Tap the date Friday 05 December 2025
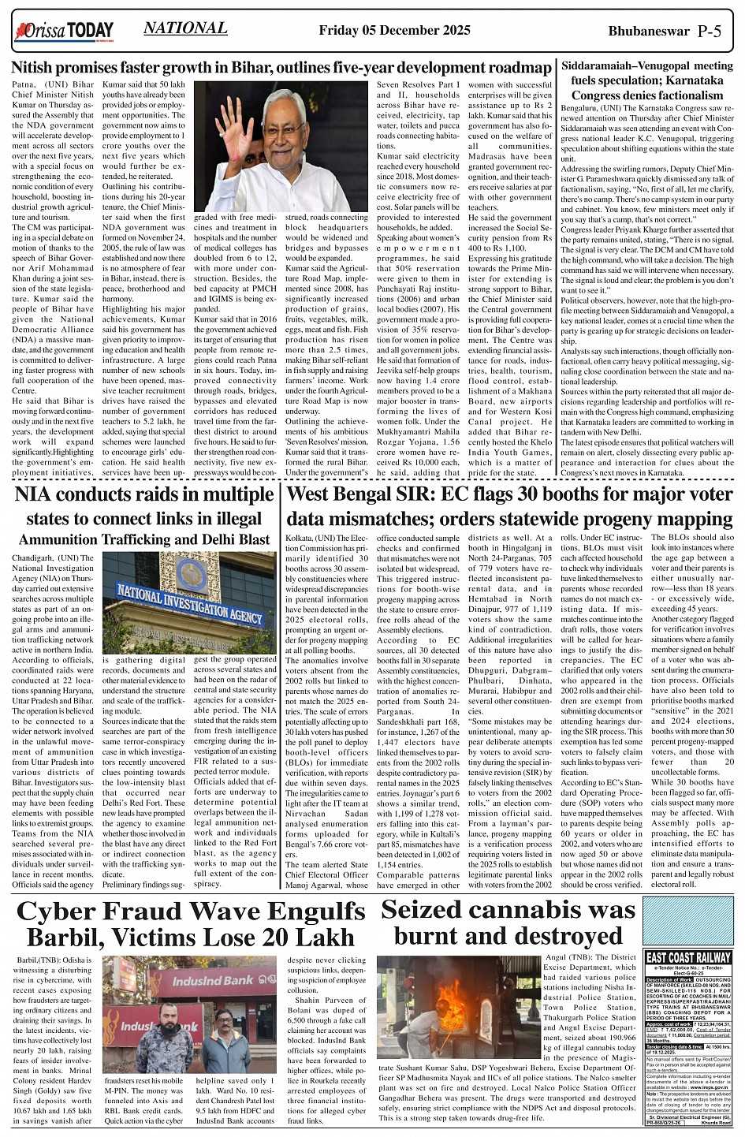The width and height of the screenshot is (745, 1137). [394, 31]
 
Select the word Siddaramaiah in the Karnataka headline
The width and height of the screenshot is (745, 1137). [606, 65]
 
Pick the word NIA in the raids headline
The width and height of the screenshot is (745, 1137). [42, 495]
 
